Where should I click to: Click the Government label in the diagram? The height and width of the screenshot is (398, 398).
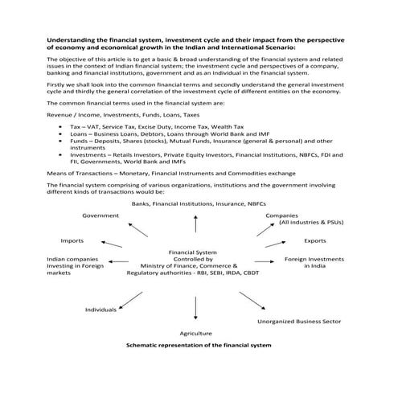click(101, 215)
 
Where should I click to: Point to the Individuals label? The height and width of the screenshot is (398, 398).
click(101, 309)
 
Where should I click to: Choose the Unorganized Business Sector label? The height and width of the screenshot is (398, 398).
click(299, 321)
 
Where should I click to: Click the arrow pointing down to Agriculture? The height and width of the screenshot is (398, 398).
click(195, 308)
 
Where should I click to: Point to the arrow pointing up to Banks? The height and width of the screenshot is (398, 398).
click(195, 224)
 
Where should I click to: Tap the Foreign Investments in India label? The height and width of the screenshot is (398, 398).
click(314, 263)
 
